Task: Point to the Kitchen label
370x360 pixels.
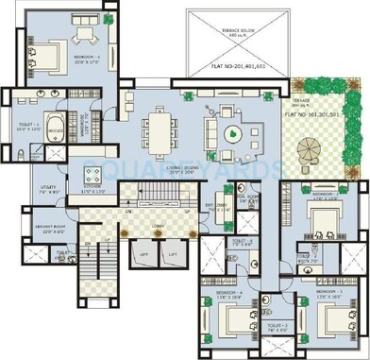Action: pos(92,192)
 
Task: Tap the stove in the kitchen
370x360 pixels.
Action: pos(92,173)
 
